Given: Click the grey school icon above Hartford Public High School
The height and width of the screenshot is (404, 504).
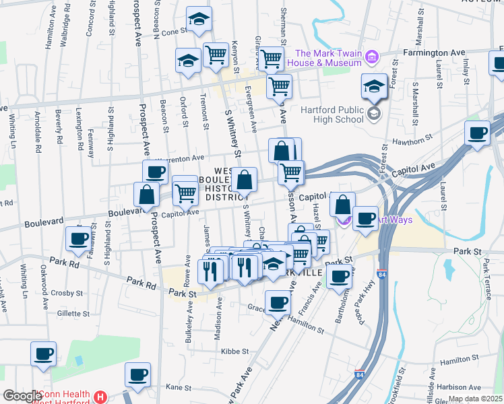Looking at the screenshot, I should [373, 114].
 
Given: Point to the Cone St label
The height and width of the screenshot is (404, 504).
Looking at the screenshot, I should [174, 32].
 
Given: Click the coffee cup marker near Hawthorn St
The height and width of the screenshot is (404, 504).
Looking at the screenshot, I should [477, 134].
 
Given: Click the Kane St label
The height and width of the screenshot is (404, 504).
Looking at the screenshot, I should [179, 387].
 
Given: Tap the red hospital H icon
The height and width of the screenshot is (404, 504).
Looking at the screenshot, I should [100, 397].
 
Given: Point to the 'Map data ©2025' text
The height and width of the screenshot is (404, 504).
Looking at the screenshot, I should [476, 399].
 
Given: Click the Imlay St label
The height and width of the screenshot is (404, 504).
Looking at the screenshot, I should [466, 72].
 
